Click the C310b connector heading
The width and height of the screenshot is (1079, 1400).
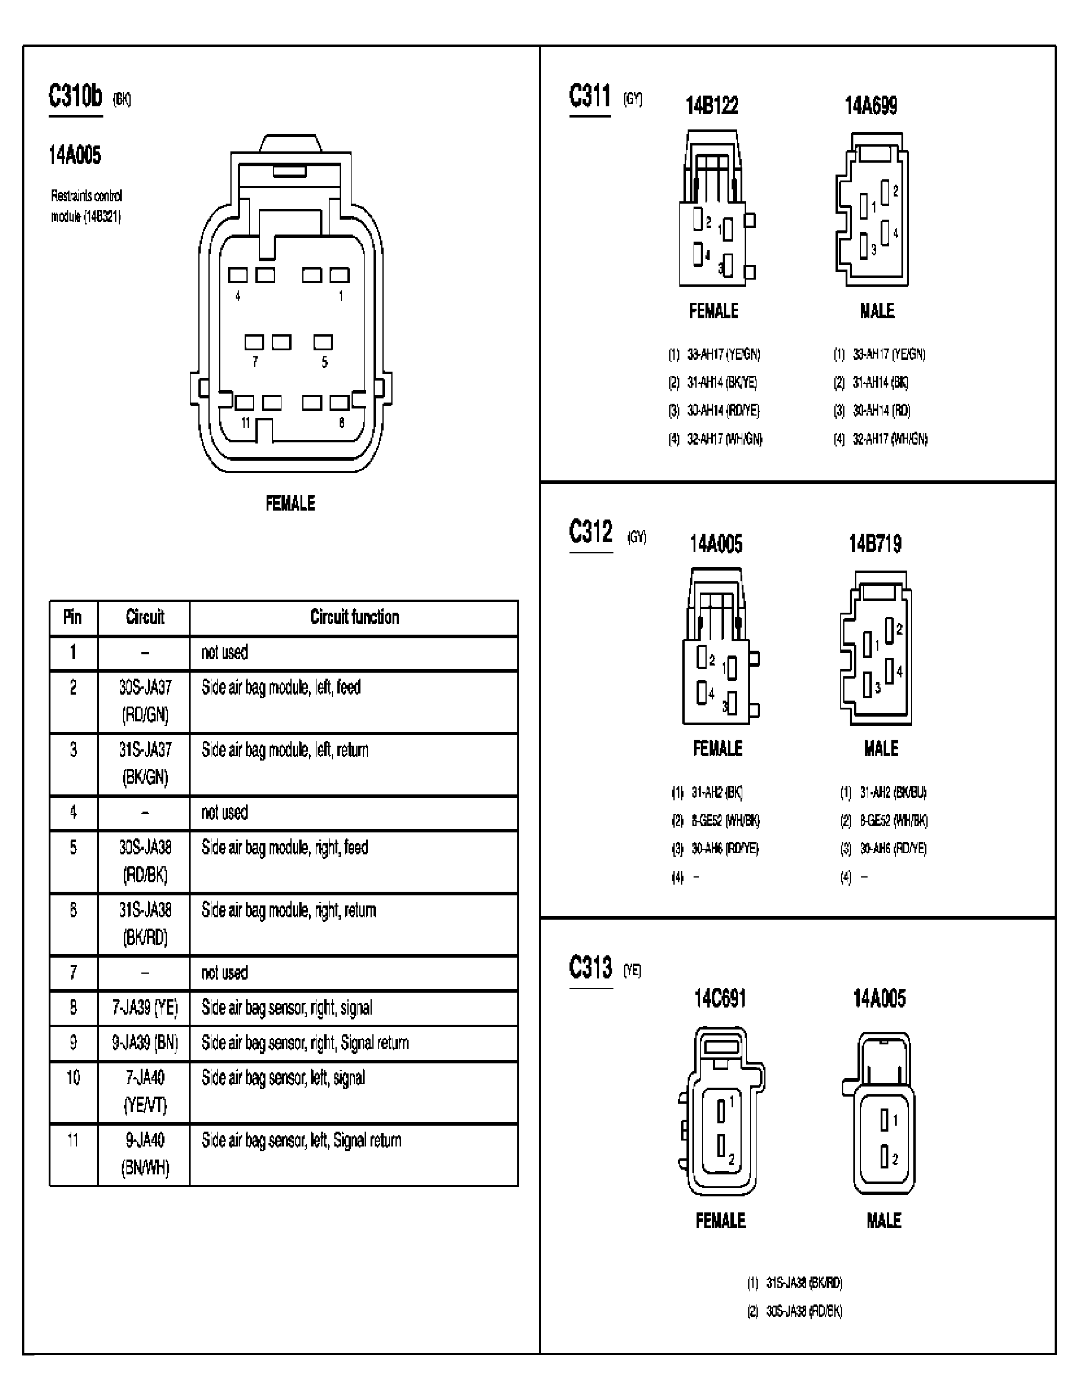pyautogui.click(x=75, y=97)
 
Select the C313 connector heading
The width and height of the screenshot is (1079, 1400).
pyautogui.click(x=590, y=968)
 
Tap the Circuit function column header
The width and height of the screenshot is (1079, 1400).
pyautogui.click(x=355, y=617)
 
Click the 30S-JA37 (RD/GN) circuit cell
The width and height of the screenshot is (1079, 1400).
pyautogui.click(x=145, y=701)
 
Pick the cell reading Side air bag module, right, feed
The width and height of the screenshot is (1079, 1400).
pyautogui.click(x=284, y=848)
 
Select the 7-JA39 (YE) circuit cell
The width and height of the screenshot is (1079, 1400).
pyautogui.click(x=145, y=1008)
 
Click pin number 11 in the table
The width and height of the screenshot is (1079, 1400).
pyautogui.click(x=73, y=1141)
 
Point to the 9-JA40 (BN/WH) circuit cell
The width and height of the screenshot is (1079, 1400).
pyautogui.click(x=145, y=1154)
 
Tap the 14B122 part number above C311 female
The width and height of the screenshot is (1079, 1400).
pyautogui.click(x=711, y=106)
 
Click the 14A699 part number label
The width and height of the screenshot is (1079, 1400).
pyautogui.click(x=871, y=106)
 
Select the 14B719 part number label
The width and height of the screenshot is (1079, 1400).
pyautogui.click(x=875, y=544)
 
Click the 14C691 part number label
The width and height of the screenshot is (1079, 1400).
pyautogui.click(x=720, y=998)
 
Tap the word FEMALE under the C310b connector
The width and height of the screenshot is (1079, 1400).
pyautogui.click(x=290, y=503)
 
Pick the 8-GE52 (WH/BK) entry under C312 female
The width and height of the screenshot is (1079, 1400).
pyautogui.click(x=725, y=821)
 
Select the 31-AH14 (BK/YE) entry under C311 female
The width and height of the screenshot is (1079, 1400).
pyautogui.click(x=722, y=383)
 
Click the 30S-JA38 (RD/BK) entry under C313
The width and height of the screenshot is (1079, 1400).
pyautogui.click(x=804, y=1311)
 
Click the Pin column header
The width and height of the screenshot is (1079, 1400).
pyautogui.click(x=72, y=617)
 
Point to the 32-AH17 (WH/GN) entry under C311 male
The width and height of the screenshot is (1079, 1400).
pyautogui.click(x=890, y=439)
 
